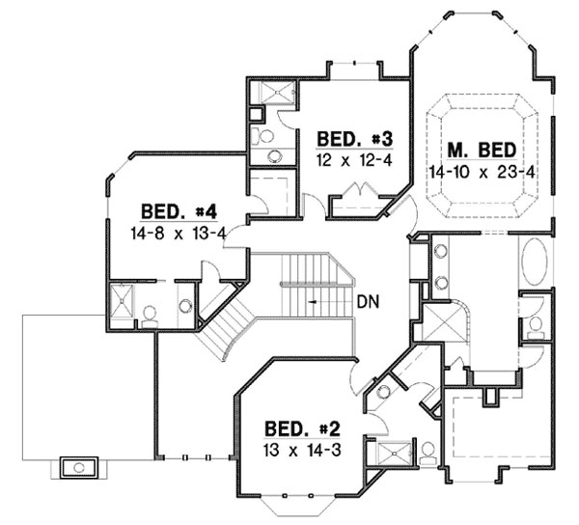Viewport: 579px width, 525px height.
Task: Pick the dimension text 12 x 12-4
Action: click(354, 159)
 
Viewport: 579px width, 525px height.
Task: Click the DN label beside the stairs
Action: click(367, 301)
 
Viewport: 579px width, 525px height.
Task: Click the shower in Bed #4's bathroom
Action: click(124, 302)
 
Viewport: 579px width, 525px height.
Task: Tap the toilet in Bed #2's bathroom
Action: click(426, 450)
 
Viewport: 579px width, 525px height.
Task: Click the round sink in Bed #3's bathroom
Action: click(275, 155)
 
